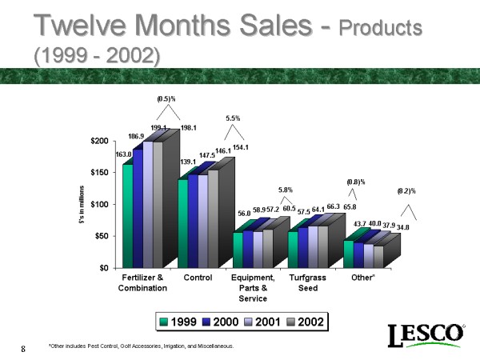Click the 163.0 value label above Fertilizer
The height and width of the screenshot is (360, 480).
pyautogui.click(x=124, y=154)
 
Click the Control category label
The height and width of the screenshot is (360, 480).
pyautogui.click(x=198, y=278)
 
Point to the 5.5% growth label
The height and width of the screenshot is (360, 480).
pyautogui.click(x=233, y=118)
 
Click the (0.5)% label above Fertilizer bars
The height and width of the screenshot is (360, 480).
pyautogui.click(x=166, y=99)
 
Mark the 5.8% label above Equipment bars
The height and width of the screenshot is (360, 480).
pyautogui.click(x=286, y=190)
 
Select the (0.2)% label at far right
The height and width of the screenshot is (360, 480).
pyautogui.click(x=406, y=191)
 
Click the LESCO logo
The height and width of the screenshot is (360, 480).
pyautogui.click(x=426, y=335)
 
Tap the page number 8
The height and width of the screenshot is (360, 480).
pyautogui.click(x=24, y=348)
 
